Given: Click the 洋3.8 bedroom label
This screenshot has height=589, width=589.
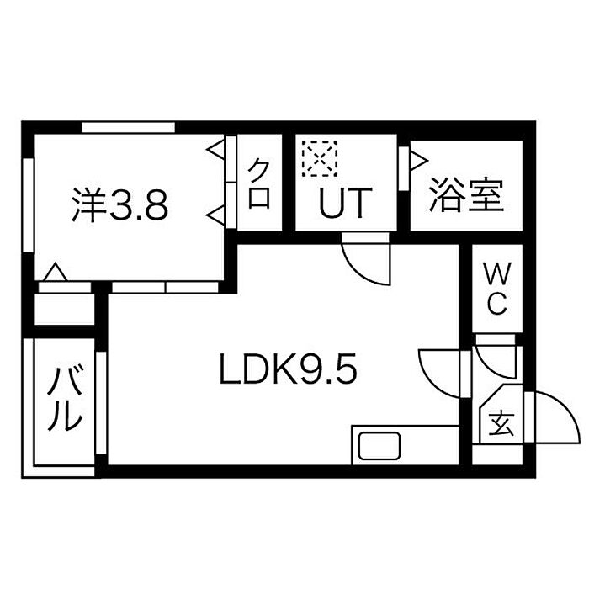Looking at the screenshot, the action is point(119,205).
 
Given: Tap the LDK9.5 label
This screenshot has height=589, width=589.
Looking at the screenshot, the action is point(288,369).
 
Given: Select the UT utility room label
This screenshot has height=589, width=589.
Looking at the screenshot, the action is point(345,203).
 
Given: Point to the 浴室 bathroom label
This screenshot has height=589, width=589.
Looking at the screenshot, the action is point(466,194).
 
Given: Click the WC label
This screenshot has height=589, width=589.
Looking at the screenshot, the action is point(497,289).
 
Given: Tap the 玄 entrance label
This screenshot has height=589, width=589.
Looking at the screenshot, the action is point(501,424).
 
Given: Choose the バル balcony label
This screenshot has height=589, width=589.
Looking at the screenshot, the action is point(65,399).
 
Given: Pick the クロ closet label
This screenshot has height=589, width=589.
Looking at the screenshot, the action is point(259,183).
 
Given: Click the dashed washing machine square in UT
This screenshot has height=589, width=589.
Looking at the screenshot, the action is point(319,158).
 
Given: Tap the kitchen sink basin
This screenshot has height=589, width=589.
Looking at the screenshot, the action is point(379,446).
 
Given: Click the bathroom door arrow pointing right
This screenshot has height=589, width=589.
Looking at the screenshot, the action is point(419,161).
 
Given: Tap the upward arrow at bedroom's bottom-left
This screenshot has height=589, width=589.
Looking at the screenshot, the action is point(56,272).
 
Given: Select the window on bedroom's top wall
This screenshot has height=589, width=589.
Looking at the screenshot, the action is point(129,127).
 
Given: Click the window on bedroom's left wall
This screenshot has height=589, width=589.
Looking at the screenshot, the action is point(29,205).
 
